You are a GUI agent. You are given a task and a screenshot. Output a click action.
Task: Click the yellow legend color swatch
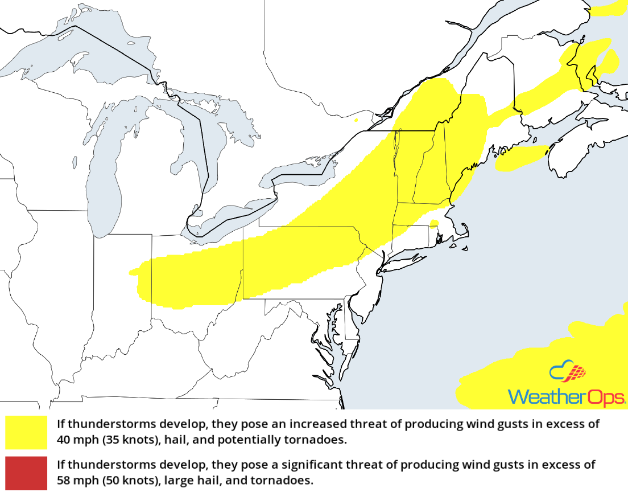pyautogui.click(x=26, y=432)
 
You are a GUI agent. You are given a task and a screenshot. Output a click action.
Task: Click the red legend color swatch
pyautogui.click(x=26, y=473)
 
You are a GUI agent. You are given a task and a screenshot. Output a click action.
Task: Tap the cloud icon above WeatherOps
pyautogui.click(x=567, y=372)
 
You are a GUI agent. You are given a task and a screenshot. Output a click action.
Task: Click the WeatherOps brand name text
pyautogui.click(x=567, y=396)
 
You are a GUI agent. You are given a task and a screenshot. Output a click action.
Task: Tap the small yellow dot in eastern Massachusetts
pyautogui.click(x=434, y=223)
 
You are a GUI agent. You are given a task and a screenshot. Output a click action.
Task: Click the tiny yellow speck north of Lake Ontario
pyautogui.click(x=356, y=120)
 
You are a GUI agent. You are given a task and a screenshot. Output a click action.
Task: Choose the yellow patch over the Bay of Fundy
pyautogui.click(x=520, y=159)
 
